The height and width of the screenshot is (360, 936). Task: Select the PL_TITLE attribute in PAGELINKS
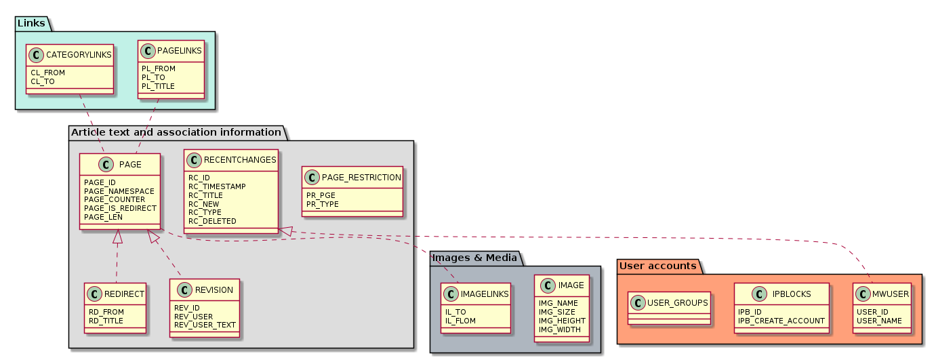pos(158,87)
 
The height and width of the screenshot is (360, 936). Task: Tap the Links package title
pos(32,23)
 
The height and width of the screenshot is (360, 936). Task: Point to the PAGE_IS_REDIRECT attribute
pos(120,208)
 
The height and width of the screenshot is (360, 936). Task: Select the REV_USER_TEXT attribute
pos(205,325)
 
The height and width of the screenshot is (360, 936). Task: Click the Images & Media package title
pos(474,258)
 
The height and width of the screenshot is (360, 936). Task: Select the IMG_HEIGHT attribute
pos(562,321)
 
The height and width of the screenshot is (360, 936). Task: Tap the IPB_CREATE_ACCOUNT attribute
pos(781,321)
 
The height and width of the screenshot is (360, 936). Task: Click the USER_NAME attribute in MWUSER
pos(879,321)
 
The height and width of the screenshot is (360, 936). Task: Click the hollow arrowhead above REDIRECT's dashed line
pos(118,237)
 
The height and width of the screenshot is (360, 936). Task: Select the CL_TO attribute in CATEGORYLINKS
pos(43,81)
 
